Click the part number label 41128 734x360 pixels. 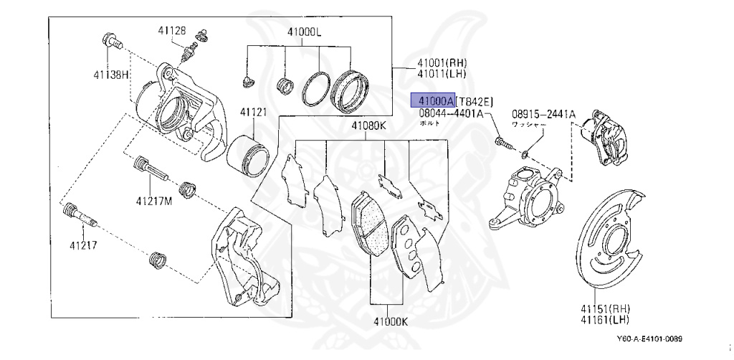pos(172,30)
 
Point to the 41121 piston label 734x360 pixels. pos(253,113)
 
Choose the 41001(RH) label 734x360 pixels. pos(442,64)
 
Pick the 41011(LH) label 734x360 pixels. pos(442,75)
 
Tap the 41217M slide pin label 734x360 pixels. pos(155,201)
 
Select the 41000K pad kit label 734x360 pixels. pos(389,322)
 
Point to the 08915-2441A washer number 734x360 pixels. pos(543,113)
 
